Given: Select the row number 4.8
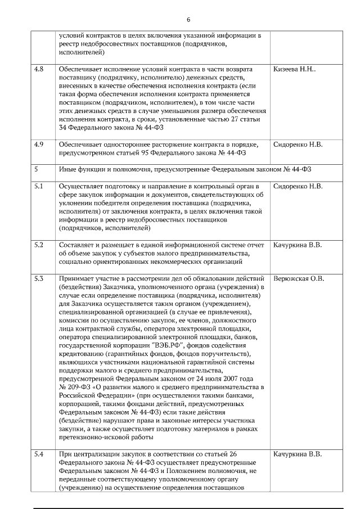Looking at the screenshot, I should point(39,69).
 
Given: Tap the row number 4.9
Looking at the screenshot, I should point(39,145).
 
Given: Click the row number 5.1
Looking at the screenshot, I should point(39,186).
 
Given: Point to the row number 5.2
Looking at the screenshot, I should point(39,245).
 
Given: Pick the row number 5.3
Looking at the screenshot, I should point(39,278).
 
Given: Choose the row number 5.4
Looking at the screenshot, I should point(39,454).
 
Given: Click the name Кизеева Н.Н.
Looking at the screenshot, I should point(295,69).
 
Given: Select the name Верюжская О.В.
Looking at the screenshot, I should point(299,278).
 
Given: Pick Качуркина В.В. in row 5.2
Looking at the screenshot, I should point(298,245).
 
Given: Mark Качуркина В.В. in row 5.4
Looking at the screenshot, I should point(298,454).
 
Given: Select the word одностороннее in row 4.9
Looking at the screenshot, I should point(126,145).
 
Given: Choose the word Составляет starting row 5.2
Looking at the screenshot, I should point(78,245).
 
